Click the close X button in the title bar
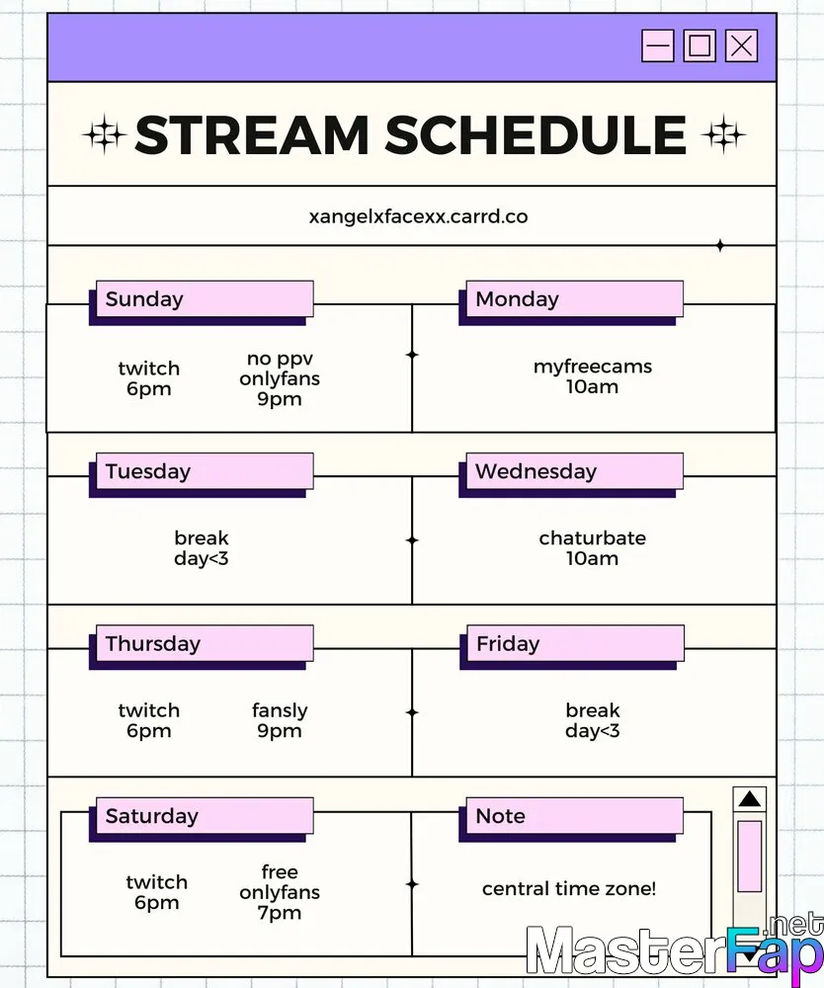pos(741,46)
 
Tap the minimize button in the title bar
pos(658,46)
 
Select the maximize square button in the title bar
pos(700,46)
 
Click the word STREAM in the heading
pos(252,134)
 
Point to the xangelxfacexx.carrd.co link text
pos(418,216)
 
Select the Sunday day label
pos(144,299)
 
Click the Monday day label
pos(517,299)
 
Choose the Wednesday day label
pos(536,471)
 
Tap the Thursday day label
pos(153,644)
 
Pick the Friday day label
pos(508,644)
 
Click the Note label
pos(501,816)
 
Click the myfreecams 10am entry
pos(593,376)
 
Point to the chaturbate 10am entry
pos(593,548)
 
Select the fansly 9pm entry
pos(280,720)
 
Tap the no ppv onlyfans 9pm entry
pos(280,378)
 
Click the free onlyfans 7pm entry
pos(280,892)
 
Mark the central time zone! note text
pos(569,888)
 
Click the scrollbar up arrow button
pos(750,799)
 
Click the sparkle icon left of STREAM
pos(104,134)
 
